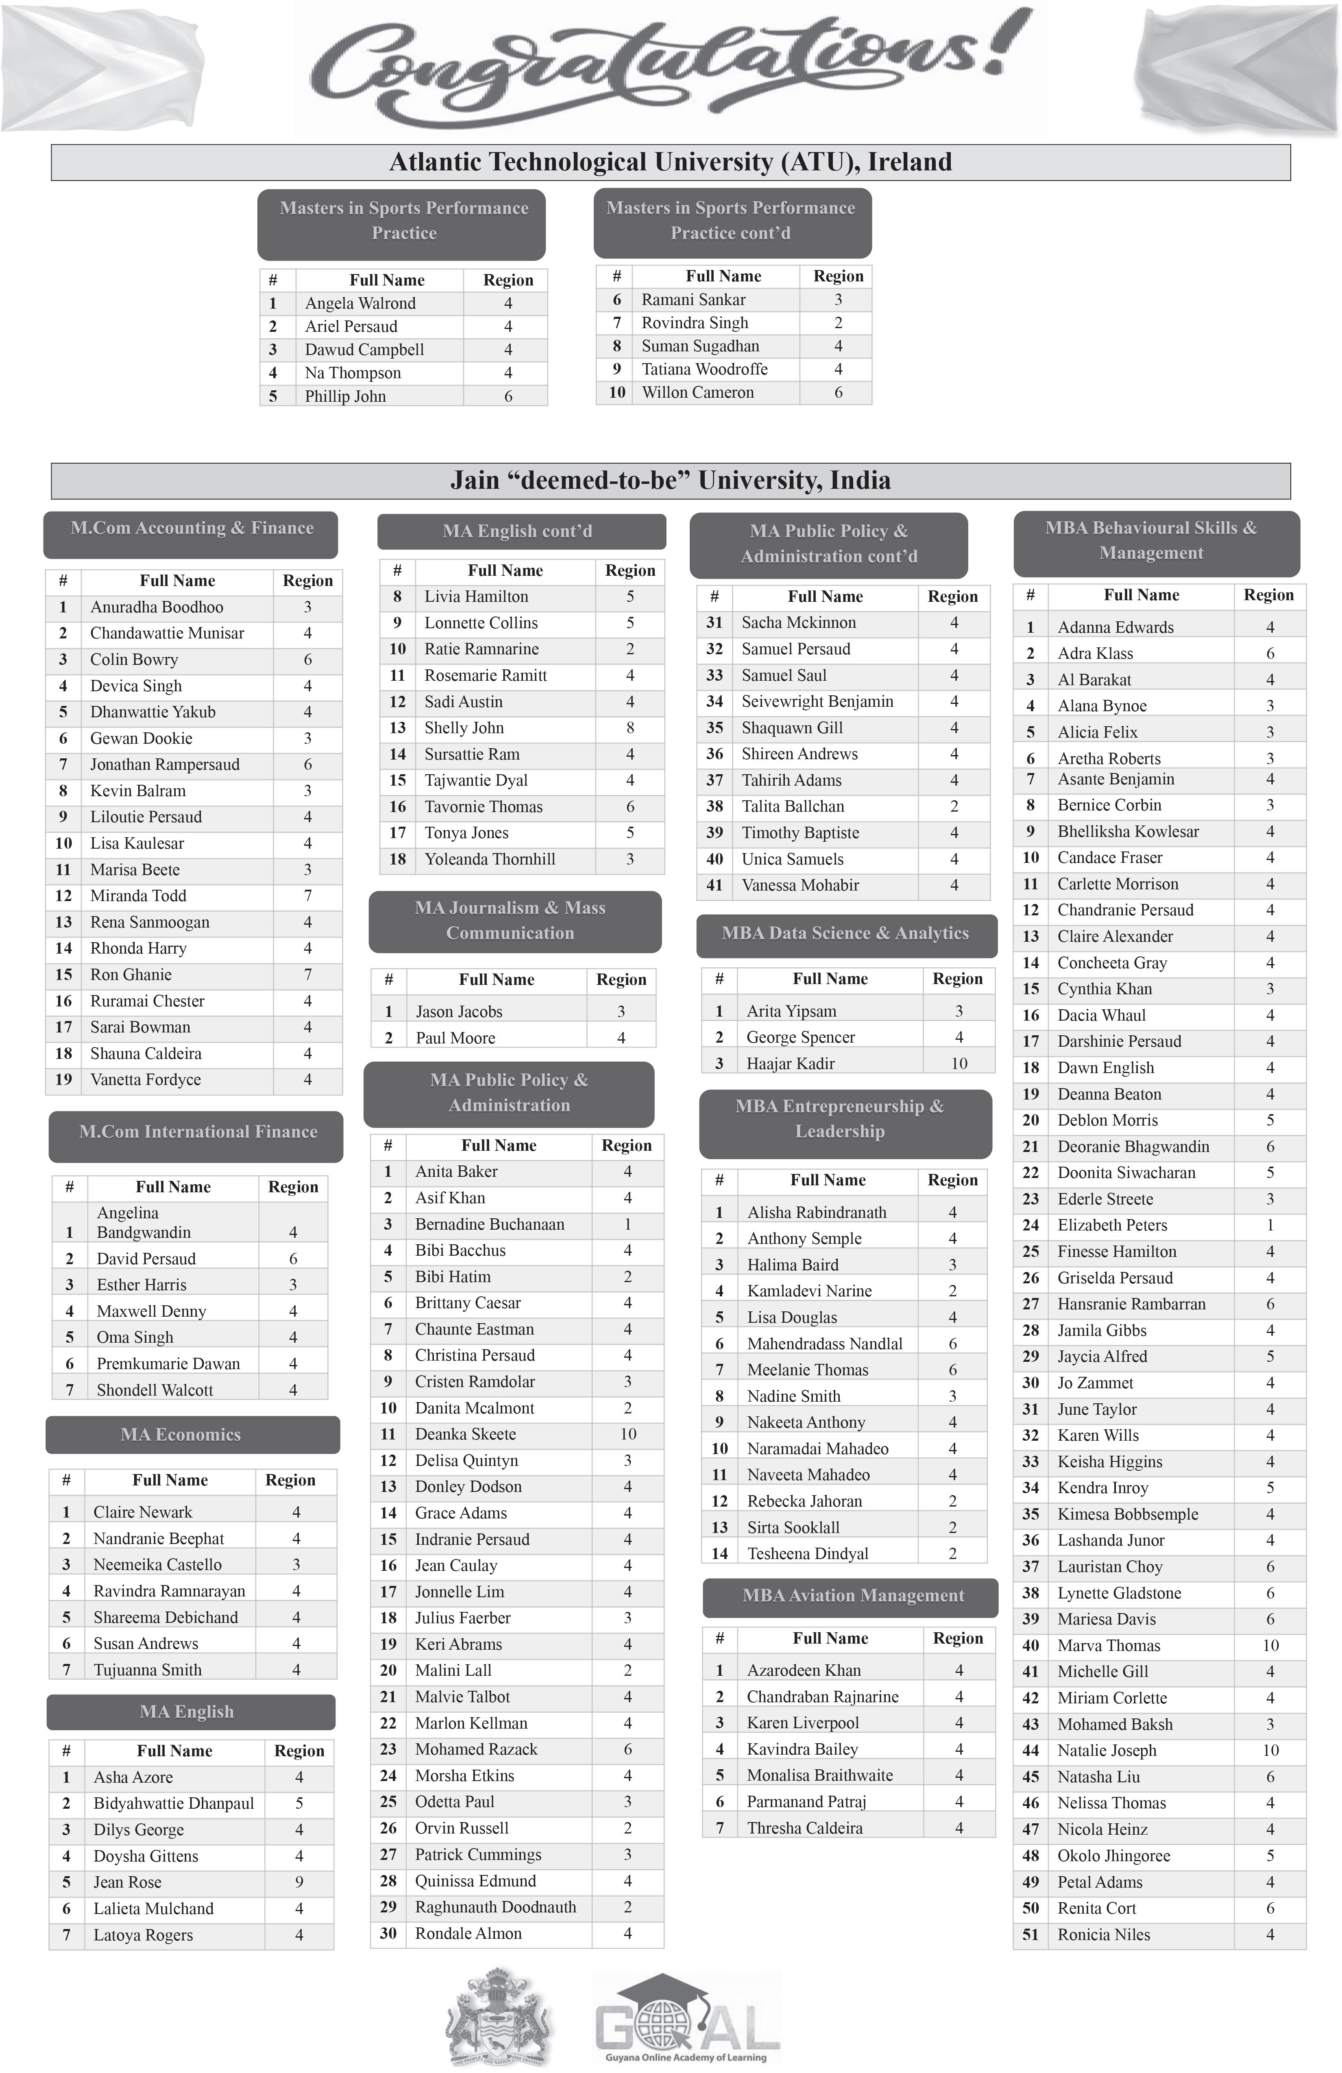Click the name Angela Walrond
tap(359, 303)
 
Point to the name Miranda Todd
tap(137, 895)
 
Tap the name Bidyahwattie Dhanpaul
tap(173, 1803)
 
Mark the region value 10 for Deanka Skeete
tap(628, 1434)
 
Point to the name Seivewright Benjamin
tap(817, 701)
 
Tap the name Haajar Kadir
tap(790, 1063)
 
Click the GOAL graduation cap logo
tap(685, 2016)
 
